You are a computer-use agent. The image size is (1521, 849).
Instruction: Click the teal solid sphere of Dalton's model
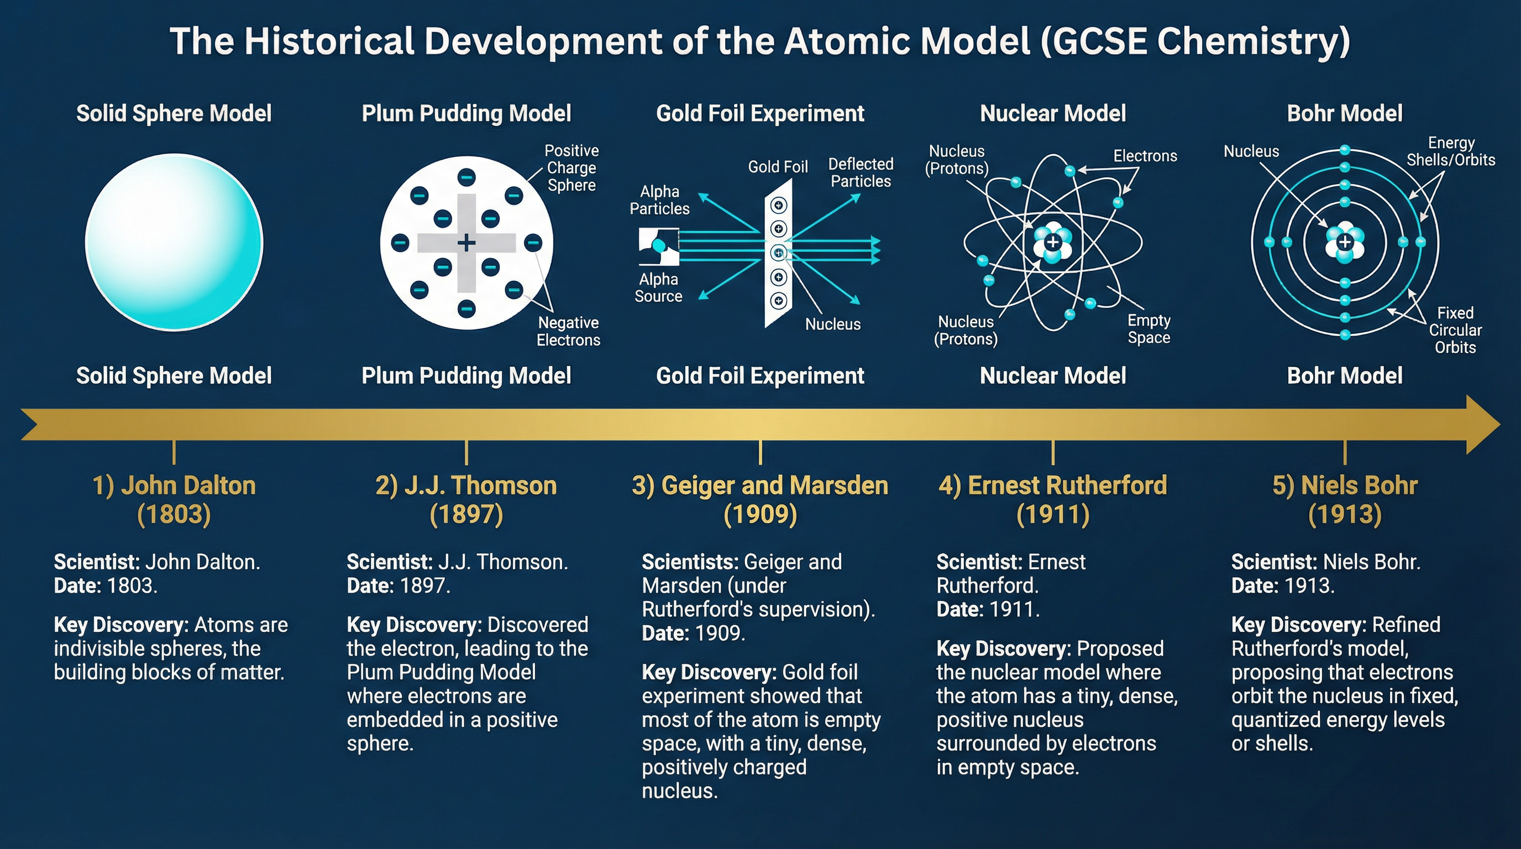pyautogui.click(x=174, y=242)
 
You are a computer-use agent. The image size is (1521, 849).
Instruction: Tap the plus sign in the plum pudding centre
pyautogui.click(x=466, y=242)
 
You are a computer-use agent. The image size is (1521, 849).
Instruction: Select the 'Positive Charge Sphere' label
pyautogui.click(x=571, y=167)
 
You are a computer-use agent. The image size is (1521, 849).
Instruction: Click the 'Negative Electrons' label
pyautogui.click(x=568, y=331)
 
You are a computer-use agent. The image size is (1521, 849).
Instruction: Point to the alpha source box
pyautogui.click(x=658, y=246)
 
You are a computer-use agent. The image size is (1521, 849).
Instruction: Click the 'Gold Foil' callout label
pyautogui.click(x=778, y=167)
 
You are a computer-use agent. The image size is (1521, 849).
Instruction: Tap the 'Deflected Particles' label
pyautogui.click(x=861, y=172)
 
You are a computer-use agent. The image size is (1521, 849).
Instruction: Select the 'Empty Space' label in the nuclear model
pyautogui.click(x=1148, y=329)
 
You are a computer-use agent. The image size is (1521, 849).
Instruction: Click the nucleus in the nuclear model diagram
pyautogui.click(x=1052, y=243)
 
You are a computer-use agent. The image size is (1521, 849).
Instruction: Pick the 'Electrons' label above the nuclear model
pyautogui.click(x=1145, y=156)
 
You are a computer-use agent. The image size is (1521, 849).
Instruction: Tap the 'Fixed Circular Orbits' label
pyautogui.click(x=1455, y=330)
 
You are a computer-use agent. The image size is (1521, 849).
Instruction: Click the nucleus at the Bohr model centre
pyautogui.click(x=1345, y=242)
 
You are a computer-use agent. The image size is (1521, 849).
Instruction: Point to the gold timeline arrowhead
pyautogui.click(x=1482, y=424)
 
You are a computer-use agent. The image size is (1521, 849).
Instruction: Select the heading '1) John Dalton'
pyautogui.click(x=174, y=485)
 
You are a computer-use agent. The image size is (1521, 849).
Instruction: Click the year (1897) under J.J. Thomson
pyautogui.click(x=466, y=514)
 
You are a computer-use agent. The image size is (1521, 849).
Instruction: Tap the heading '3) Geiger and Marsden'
pyautogui.click(x=760, y=485)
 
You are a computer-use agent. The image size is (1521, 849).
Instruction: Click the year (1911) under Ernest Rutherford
pyautogui.click(x=1053, y=514)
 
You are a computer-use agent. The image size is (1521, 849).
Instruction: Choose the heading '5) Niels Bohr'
pyautogui.click(x=1345, y=485)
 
